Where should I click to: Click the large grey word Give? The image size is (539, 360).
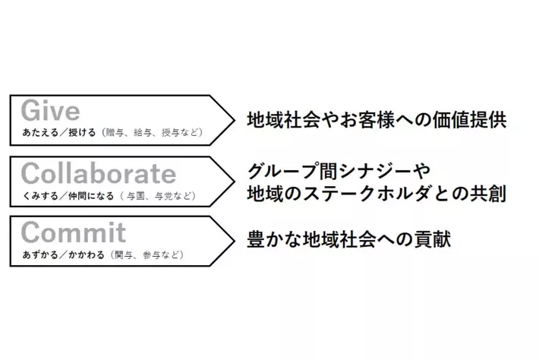click(51, 111)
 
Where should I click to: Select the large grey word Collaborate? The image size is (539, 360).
click(99, 173)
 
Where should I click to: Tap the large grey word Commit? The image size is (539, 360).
click(74, 232)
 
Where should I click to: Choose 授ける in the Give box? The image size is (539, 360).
click(82, 132)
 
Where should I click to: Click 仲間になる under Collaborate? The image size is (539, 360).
click(91, 196)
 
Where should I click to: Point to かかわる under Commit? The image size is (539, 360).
click(87, 255)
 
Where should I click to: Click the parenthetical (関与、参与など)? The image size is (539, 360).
click(147, 255)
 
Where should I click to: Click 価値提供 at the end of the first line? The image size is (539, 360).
click(470, 120)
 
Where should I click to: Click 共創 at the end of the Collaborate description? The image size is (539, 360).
click(488, 194)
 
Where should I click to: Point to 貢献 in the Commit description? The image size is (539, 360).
click(433, 239)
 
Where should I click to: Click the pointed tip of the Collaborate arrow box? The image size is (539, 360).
click(235, 182)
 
